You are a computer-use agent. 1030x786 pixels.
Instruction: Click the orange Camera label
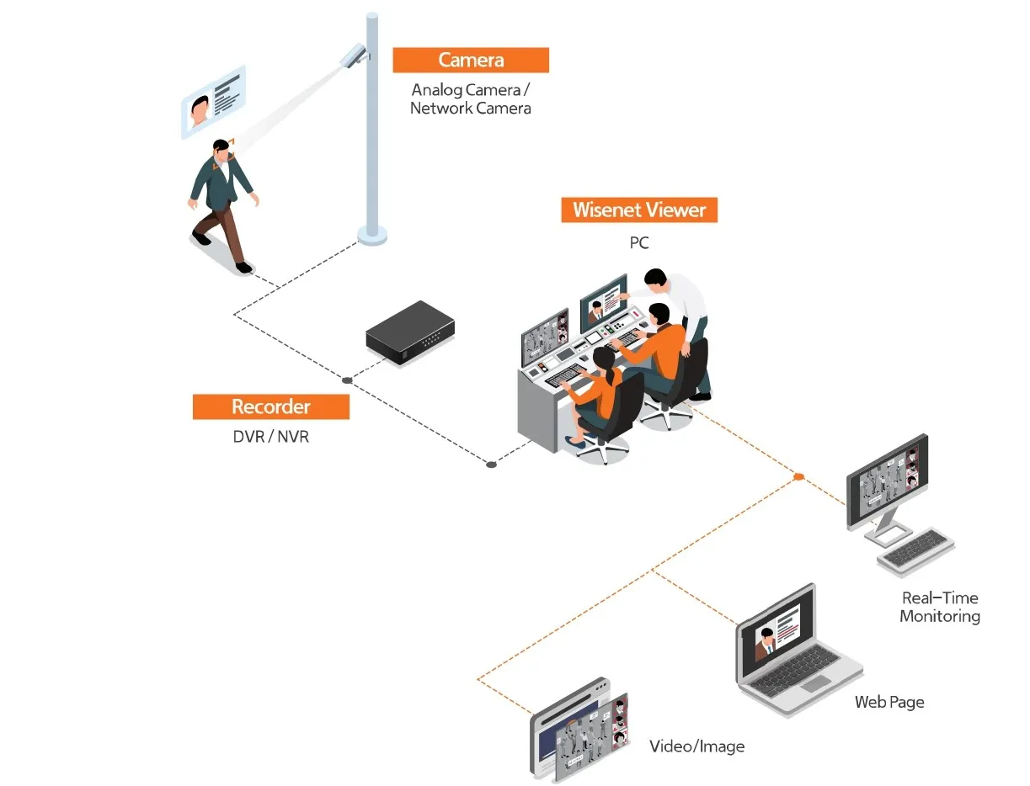[x=471, y=61]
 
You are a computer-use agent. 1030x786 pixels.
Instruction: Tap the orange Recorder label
[x=270, y=406]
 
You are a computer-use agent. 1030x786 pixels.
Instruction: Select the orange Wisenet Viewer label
[x=639, y=210]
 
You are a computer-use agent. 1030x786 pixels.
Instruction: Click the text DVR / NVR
[x=270, y=437]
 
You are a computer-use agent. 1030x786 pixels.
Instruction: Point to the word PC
[x=639, y=243]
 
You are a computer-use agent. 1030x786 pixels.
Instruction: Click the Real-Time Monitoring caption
[x=940, y=607]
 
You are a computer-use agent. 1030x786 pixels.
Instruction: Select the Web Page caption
[x=889, y=702]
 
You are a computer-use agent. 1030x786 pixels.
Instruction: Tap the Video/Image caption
[x=696, y=746]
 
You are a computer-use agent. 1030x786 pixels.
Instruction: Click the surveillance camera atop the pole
[x=352, y=56]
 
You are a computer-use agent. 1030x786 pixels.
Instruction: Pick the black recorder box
[x=409, y=332]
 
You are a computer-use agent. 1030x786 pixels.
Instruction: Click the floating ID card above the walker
[x=213, y=102]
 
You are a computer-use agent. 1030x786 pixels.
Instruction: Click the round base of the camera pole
[x=372, y=235]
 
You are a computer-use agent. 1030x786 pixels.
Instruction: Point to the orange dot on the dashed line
[x=798, y=477]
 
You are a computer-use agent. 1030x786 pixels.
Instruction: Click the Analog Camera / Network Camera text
[x=471, y=98]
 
